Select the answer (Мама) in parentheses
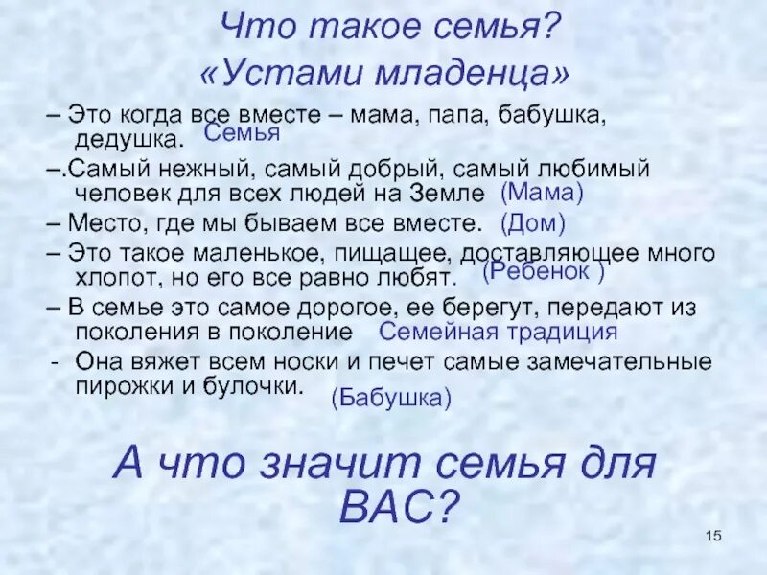(x=543, y=193)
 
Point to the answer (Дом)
(x=533, y=224)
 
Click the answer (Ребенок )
(x=543, y=272)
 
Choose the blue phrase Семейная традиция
(x=499, y=332)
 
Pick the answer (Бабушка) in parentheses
(x=391, y=399)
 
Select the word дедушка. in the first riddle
(x=128, y=140)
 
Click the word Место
(x=105, y=224)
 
